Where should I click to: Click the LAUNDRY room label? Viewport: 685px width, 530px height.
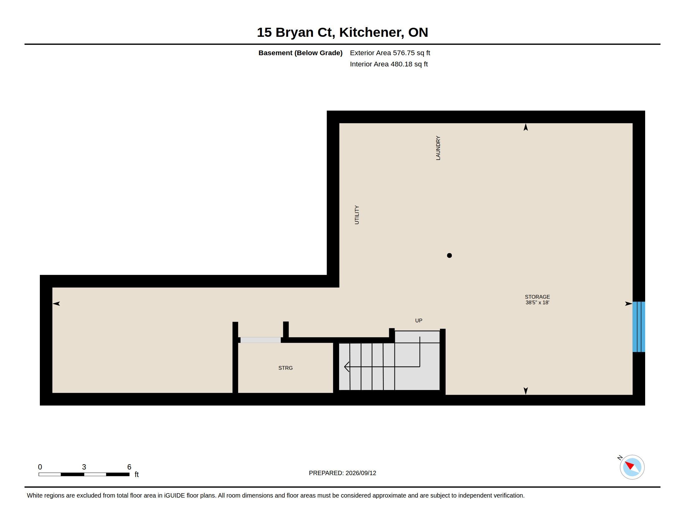coord(438,148)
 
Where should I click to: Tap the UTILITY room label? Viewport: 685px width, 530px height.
coord(357,215)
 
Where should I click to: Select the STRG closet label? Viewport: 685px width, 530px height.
coord(286,368)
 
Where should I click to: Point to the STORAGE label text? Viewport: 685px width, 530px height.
coord(537,297)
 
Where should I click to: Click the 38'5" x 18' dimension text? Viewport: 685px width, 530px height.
coord(537,303)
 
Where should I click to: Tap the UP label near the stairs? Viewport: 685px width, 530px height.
coord(419,320)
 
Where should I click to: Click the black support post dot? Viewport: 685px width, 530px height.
coord(449,256)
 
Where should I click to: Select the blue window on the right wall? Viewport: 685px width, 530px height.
coord(639,327)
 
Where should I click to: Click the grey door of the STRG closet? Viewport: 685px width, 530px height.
coord(260,340)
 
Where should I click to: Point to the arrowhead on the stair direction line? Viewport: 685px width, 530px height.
coord(347,367)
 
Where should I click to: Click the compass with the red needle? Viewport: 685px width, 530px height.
coord(632,467)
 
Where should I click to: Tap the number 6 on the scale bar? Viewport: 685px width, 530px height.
coord(129,467)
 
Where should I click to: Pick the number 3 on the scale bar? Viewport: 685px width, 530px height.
coord(84,467)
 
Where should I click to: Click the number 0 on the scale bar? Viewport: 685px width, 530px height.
coord(40,467)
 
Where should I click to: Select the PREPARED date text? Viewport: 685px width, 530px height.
coord(342,473)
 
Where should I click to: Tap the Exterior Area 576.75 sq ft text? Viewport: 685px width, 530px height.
coord(390,53)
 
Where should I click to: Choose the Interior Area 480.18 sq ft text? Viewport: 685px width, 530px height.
coord(389,64)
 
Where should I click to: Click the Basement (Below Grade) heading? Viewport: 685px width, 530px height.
coord(300,53)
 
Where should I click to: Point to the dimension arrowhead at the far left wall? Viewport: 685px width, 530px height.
coord(56,304)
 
